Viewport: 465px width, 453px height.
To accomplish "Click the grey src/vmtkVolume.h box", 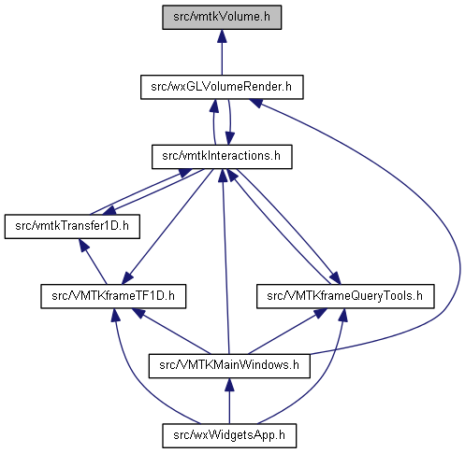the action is point(222,18).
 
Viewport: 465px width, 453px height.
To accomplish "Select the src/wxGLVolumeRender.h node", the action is point(222,87).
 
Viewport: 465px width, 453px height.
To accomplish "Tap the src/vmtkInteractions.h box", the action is point(222,157).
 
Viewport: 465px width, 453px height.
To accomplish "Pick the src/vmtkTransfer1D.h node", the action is point(72,227).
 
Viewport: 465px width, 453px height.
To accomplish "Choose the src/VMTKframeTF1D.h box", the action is point(113,296).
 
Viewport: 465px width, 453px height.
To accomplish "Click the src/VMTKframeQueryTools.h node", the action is point(345,296).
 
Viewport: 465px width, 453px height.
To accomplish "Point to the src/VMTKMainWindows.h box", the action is point(229,366).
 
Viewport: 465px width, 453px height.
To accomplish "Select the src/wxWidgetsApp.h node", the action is point(229,436).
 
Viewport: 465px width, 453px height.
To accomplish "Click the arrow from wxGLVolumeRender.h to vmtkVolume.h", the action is point(222,52).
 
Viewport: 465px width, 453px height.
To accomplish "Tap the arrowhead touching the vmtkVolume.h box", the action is point(222,36).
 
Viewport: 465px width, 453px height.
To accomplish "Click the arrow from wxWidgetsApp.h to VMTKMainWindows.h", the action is point(229,401).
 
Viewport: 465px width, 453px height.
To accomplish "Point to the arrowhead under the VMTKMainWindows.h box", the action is point(229,385).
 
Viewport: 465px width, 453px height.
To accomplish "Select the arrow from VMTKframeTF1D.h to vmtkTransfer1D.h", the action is point(93,262).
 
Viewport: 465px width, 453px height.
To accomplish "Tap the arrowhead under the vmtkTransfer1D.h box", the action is point(83,246).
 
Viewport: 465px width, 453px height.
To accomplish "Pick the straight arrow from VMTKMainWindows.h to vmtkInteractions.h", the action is point(225,262).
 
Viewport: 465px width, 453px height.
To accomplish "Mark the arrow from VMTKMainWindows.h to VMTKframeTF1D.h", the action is point(171,332).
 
